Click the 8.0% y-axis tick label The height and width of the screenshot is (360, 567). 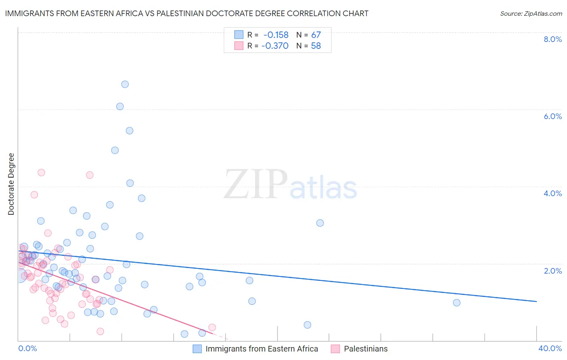(x=552, y=39)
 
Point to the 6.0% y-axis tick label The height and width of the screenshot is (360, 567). (x=552, y=116)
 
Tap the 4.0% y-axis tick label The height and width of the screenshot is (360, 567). (x=552, y=193)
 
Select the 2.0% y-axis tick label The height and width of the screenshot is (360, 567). (x=552, y=271)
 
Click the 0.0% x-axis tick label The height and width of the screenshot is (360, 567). (x=27, y=348)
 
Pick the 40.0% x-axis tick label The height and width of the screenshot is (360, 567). (x=550, y=348)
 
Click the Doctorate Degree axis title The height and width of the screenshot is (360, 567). (x=11, y=184)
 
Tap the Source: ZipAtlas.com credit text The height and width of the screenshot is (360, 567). (x=531, y=13)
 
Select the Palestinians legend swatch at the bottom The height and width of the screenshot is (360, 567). (x=335, y=349)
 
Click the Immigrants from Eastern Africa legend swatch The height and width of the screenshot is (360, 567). (x=197, y=349)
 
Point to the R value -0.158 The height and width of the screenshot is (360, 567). (x=276, y=35)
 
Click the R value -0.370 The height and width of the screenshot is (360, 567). (x=275, y=46)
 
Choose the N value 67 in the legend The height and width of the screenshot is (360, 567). (x=316, y=35)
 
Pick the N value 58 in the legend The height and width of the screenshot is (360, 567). (x=316, y=46)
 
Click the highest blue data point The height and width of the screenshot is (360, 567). (x=125, y=84)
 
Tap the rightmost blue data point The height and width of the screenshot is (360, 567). (x=457, y=303)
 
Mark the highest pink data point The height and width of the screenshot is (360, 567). (x=41, y=172)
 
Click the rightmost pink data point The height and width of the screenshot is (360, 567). (x=212, y=327)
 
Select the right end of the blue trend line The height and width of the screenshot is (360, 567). (x=536, y=301)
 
